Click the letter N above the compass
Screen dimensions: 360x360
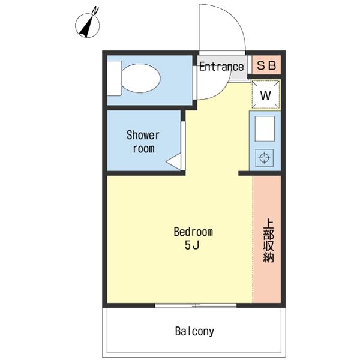point(95,11)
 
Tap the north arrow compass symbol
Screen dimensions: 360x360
point(88,25)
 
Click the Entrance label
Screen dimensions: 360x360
point(221,67)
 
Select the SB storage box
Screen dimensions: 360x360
point(266,65)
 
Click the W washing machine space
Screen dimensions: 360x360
point(266,95)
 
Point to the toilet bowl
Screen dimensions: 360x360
point(140,78)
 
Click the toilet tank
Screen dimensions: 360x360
point(115,78)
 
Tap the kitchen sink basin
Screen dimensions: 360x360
point(265,129)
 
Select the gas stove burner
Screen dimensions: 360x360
point(264,158)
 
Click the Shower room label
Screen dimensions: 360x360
point(143,142)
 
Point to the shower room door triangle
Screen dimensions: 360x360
point(173,161)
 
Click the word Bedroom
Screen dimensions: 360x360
point(193,232)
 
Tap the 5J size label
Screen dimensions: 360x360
point(192,246)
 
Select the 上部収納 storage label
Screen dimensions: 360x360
point(268,241)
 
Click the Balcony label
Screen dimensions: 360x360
point(194,331)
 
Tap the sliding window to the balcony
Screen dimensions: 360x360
point(196,305)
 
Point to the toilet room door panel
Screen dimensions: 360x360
point(194,83)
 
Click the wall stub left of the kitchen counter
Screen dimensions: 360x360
point(245,173)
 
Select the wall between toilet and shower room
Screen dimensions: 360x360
point(149,108)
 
